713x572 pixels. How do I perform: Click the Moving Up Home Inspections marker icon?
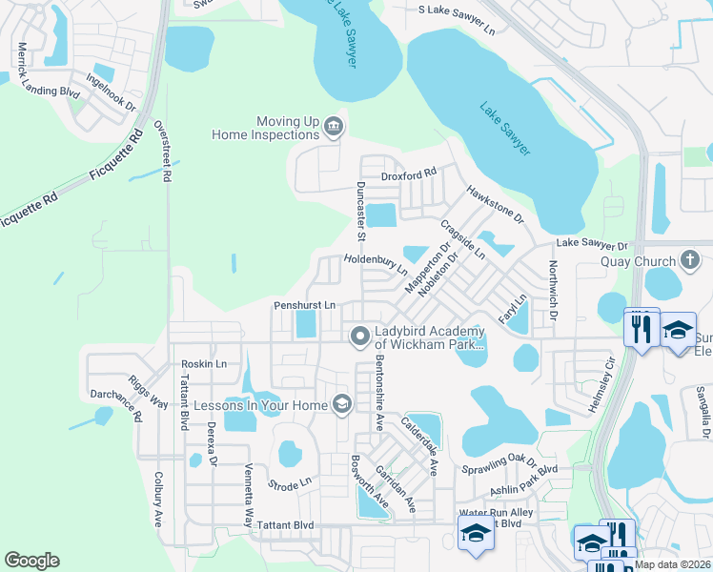[333, 127]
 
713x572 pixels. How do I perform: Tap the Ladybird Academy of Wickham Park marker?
[359, 335]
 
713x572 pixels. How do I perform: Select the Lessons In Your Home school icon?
[340, 405]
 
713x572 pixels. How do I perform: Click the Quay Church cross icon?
[691, 260]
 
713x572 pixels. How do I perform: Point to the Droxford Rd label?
[408, 175]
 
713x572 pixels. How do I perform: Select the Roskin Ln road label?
[207, 363]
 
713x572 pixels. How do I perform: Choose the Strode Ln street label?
[290, 484]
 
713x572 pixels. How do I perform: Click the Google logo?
[31, 560]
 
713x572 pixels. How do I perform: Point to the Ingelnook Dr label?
[111, 92]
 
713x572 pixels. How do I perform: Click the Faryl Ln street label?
[511, 307]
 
